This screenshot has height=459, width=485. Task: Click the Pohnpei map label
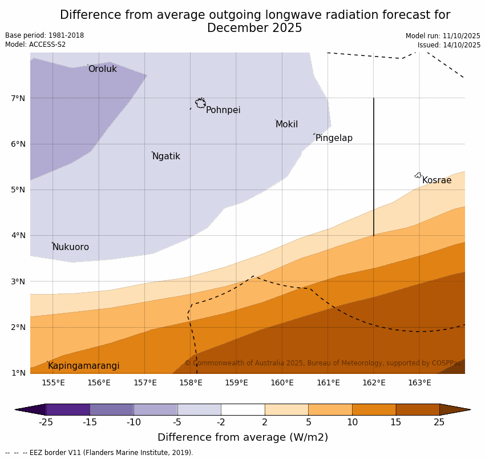point(223,110)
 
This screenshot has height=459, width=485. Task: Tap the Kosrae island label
point(436,180)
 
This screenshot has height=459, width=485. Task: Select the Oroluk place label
point(102,69)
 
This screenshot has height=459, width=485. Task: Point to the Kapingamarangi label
point(83,366)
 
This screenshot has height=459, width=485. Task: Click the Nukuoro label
point(71,247)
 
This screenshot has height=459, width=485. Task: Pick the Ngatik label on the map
point(166,156)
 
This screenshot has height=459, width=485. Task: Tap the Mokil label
point(286,124)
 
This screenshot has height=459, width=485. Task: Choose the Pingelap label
point(334,138)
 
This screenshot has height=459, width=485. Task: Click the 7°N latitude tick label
point(18,98)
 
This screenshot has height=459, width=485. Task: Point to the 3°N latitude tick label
point(18,281)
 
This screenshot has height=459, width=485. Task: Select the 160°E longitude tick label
point(282,382)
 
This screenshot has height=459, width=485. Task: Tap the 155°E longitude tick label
point(53,382)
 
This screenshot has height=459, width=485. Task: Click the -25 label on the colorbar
point(46,422)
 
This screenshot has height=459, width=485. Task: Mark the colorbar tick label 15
point(396,422)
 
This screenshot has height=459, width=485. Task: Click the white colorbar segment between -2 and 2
point(242,409)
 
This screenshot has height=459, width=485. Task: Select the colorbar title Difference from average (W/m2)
point(242,438)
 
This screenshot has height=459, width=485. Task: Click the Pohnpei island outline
point(200,103)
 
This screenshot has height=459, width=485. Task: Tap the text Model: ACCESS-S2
point(35,45)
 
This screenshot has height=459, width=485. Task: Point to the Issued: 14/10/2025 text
point(448,45)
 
